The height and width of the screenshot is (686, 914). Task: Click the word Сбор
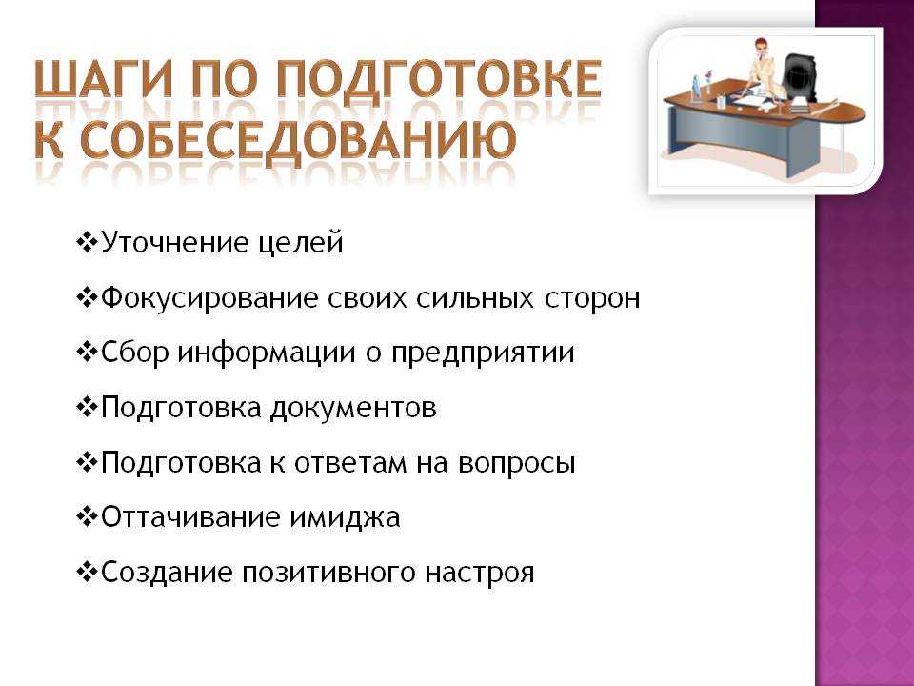click(x=135, y=353)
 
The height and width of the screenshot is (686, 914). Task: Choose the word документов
click(x=352, y=408)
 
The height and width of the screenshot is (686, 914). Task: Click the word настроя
click(x=479, y=573)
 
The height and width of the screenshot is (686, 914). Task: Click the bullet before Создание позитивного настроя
click(x=87, y=573)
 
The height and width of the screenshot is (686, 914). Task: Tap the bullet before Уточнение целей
click(x=87, y=242)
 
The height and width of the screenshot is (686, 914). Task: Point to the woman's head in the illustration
click(x=761, y=46)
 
